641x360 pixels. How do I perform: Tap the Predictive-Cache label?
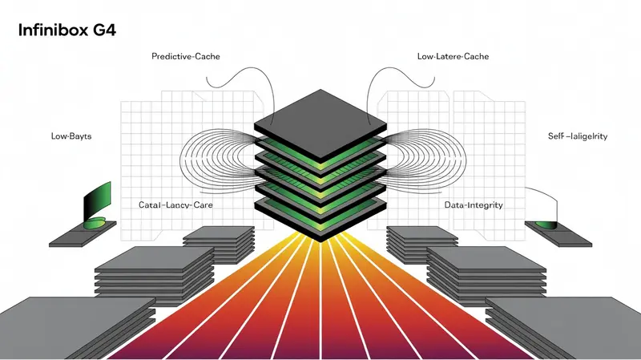click(x=185, y=57)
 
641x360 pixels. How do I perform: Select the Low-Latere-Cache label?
click(x=453, y=57)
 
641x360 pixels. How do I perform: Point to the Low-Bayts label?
click(x=71, y=137)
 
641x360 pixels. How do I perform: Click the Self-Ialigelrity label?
click(x=576, y=137)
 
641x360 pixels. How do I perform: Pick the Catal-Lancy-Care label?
click(x=180, y=205)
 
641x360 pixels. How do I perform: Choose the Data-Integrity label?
click(x=473, y=205)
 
